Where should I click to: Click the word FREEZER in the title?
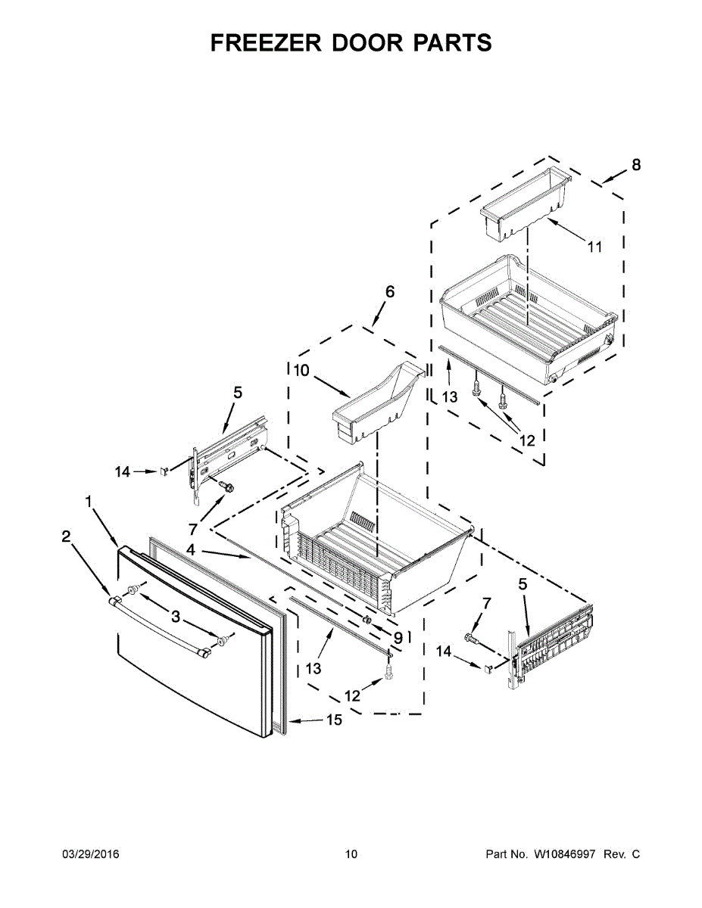pyautogui.click(x=262, y=43)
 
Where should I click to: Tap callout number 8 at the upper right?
pyautogui.click(x=635, y=165)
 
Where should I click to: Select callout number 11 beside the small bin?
pyautogui.click(x=594, y=247)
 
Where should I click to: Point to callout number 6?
pyautogui.click(x=390, y=291)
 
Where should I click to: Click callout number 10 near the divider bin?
pyautogui.click(x=301, y=370)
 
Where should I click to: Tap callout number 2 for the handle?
pyautogui.click(x=66, y=536)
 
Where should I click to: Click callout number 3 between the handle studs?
pyautogui.click(x=176, y=617)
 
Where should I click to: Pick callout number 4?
pyautogui.click(x=192, y=551)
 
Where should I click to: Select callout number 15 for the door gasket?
pyautogui.click(x=334, y=720)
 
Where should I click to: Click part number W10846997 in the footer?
pyautogui.click(x=567, y=854)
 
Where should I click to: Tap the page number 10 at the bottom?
pyautogui.click(x=351, y=854)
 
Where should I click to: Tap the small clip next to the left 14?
pyautogui.click(x=163, y=471)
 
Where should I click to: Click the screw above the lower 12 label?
pyautogui.click(x=389, y=668)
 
